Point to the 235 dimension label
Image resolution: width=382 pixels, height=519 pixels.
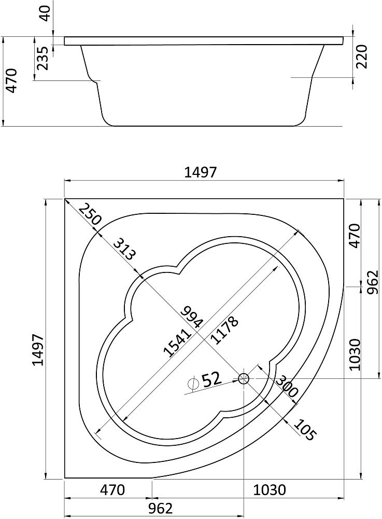[43, 58]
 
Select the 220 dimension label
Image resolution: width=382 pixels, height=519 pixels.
[362, 56]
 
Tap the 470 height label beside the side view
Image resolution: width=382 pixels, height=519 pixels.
[11, 81]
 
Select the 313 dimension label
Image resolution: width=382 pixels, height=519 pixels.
[124, 249]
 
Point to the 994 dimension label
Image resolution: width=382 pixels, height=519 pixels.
[192, 317]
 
